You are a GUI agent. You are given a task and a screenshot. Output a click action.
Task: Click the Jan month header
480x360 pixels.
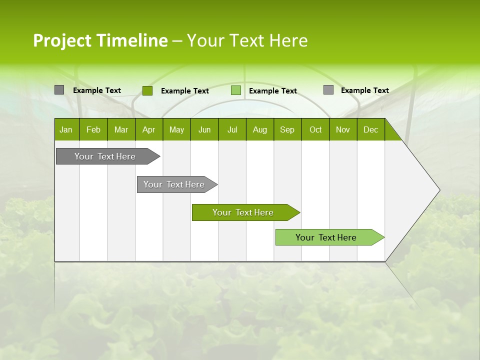pos(66,129)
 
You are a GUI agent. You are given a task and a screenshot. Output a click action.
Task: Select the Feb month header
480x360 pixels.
pos(93,129)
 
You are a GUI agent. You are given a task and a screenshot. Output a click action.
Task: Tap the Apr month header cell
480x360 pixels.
pos(148,129)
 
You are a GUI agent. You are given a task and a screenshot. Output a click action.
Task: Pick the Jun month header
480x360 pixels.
pos(204,129)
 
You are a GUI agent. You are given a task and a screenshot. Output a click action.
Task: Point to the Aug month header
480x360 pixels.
pos(260,129)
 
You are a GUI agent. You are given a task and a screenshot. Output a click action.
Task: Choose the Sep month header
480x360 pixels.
pos(287,129)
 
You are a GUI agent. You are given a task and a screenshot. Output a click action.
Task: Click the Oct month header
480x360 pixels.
pos(315,129)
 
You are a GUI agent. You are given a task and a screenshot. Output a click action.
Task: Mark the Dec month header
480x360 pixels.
pos(371,129)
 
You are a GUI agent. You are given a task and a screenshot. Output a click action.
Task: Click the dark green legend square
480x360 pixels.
pos(147,90)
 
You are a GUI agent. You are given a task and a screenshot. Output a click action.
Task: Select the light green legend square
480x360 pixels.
pos(236,90)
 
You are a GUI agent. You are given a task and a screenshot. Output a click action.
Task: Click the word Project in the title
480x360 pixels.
pos(62,40)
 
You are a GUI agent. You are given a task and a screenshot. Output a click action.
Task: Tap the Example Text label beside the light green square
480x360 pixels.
pos(273,91)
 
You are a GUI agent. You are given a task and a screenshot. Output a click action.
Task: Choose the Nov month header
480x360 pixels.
pos(343,129)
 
